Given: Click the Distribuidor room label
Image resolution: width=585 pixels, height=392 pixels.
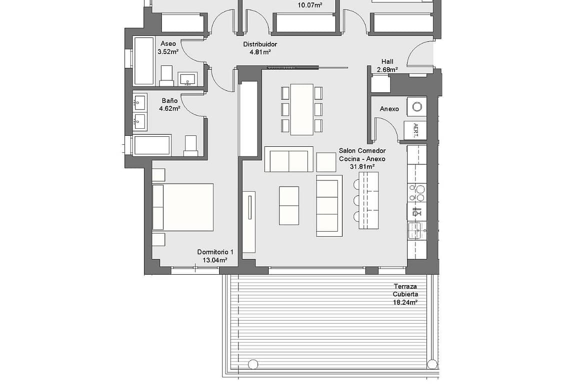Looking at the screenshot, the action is (x=260, y=44).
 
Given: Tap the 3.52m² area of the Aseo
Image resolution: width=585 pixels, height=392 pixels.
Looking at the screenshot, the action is (x=168, y=52).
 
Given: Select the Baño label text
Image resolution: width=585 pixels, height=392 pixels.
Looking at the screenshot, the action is (x=170, y=100).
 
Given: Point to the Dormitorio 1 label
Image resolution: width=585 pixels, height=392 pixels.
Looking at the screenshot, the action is (x=215, y=252).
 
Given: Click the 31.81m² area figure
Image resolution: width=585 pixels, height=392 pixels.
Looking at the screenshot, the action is (x=362, y=167).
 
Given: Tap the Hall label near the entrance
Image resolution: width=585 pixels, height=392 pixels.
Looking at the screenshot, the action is (x=387, y=61).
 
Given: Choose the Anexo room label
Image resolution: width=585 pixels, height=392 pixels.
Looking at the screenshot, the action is (x=389, y=109).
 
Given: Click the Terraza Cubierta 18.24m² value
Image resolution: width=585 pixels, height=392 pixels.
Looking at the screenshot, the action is (x=405, y=303).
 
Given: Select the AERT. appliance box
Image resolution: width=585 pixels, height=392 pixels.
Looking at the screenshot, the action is (x=415, y=130).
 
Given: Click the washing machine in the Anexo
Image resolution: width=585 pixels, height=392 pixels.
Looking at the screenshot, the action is (x=416, y=107).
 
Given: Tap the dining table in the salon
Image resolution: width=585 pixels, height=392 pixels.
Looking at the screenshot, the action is (x=302, y=109).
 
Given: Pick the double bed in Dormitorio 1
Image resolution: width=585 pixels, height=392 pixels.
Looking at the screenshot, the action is (x=183, y=207).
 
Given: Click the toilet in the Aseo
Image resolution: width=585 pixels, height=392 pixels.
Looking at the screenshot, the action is (x=166, y=75).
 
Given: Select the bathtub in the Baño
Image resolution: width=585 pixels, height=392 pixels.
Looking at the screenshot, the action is (x=152, y=145).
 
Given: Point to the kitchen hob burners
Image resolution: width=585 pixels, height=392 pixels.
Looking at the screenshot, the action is (x=416, y=193).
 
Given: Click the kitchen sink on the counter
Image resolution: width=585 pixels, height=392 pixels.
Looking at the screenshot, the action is (x=416, y=231).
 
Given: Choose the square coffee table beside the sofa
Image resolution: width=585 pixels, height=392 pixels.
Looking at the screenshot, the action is (x=326, y=162).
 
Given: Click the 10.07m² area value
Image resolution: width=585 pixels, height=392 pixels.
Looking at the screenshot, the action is (x=310, y=5).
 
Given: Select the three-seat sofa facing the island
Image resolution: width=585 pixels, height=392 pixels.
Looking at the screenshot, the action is (x=329, y=206).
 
